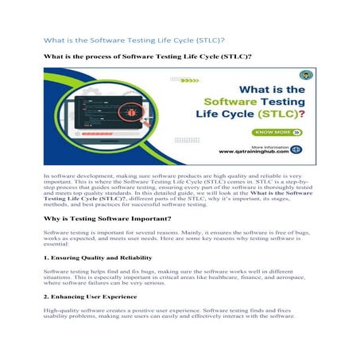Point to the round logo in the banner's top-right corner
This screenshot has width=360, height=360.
(306, 75)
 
